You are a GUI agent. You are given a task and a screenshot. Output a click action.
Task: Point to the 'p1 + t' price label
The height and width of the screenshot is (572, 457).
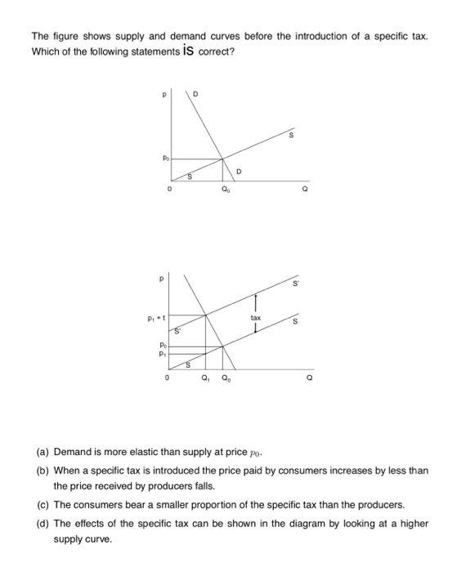[x=159, y=316]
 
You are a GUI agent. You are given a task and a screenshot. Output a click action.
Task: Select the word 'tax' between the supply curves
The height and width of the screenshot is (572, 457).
[x=256, y=315]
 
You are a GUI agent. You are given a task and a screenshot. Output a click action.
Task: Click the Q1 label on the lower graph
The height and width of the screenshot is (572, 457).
[x=205, y=378]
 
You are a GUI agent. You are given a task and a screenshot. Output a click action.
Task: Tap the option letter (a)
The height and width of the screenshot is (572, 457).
[x=43, y=452]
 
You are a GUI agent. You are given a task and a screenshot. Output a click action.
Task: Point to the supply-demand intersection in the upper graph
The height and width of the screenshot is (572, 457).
[x=223, y=159]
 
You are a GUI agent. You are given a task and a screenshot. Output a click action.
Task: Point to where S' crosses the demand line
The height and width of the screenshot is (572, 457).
[x=205, y=315]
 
